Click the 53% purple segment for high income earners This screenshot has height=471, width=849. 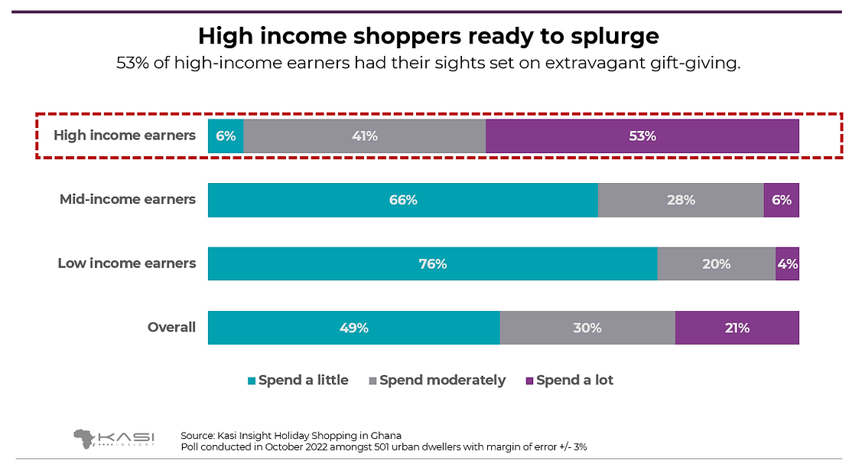(x=642, y=136)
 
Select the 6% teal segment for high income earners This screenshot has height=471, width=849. (x=226, y=136)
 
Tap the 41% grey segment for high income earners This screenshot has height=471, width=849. (x=364, y=136)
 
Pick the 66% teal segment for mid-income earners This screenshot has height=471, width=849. (x=402, y=200)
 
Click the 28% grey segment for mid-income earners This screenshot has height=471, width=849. (x=681, y=200)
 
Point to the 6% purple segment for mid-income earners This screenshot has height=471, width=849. (x=781, y=200)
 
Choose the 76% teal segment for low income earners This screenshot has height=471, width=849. (x=432, y=263)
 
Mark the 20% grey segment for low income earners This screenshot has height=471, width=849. (x=716, y=263)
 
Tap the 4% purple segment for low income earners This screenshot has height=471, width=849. (x=787, y=263)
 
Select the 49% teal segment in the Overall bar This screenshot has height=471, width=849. (x=353, y=328)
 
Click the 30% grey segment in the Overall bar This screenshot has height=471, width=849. (x=587, y=328)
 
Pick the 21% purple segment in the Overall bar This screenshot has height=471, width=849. (x=737, y=328)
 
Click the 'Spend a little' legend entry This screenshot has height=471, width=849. (x=298, y=380)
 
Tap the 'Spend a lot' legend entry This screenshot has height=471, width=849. (x=569, y=380)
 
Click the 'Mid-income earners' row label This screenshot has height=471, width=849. (x=128, y=200)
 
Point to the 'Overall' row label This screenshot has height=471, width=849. (x=171, y=328)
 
